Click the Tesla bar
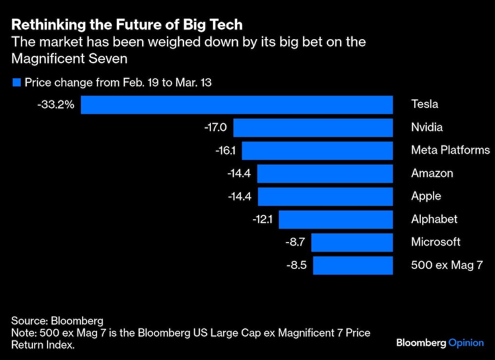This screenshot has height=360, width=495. click(237, 105)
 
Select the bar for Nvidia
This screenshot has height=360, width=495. click(313, 128)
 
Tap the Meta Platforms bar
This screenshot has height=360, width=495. click(317, 151)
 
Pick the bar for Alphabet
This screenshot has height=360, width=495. click(336, 219)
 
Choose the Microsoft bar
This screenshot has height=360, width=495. click(352, 242)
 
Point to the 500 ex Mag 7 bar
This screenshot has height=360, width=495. click(353, 265)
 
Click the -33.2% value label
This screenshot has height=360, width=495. click(56, 105)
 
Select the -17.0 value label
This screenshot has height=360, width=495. click(215, 128)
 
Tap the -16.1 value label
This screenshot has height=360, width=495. click(225, 151)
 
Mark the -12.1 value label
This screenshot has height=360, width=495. click(262, 219)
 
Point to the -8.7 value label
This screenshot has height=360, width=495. click(296, 242)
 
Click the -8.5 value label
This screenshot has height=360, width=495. click(297, 265)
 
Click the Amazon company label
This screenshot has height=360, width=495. click(432, 173)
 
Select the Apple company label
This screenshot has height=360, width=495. click(426, 196)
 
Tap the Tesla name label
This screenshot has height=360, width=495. click(425, 105)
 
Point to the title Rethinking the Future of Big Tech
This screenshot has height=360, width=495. click(127, 24)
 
